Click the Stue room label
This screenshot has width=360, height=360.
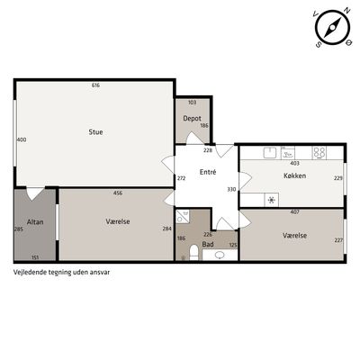95,132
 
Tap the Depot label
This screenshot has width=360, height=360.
192,119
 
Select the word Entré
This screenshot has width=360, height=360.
208,172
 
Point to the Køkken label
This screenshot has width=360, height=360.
295,175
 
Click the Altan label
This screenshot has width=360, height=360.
35,222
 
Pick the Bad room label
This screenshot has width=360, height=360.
208,244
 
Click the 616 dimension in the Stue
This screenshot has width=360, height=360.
95,85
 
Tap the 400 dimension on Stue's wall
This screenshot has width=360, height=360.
22,139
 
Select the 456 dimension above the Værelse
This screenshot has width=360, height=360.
118,193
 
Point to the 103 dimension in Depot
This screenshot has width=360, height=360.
192,103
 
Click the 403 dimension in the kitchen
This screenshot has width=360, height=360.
295,164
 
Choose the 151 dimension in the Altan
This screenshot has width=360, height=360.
35,257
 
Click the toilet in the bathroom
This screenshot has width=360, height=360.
194,252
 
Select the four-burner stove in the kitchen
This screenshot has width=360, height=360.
319,153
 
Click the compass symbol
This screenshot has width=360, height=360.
332,27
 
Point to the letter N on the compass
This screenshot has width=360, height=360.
347,11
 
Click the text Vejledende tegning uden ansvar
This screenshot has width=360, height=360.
61,273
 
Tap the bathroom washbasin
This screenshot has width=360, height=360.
220,255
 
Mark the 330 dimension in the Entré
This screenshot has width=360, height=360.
231,190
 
